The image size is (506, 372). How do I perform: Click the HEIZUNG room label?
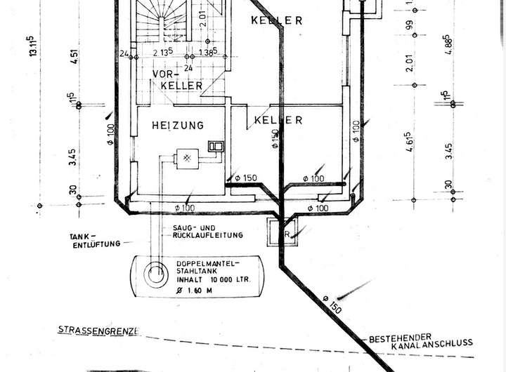[x=178, y=125]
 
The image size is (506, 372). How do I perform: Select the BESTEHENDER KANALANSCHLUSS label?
[x=420, y=340]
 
